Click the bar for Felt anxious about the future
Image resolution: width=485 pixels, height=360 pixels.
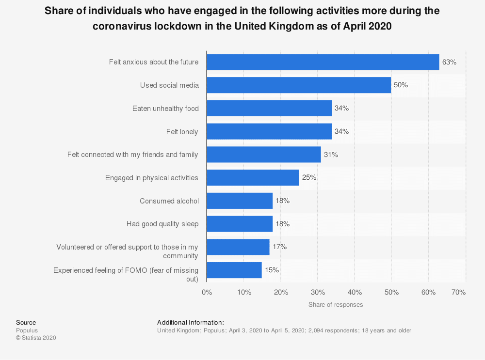coord(323,62)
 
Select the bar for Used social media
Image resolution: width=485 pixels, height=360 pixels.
coord(299,85)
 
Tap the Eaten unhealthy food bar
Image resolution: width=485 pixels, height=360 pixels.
coord(269,108)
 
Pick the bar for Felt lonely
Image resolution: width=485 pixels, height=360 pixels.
coord(269,131)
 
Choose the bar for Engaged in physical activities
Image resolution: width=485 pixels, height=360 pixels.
coord(253,178)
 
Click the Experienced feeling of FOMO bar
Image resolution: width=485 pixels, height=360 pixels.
coord(234,270)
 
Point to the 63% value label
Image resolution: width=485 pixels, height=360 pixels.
coord(449,62)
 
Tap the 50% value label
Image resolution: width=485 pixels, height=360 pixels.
coord(401,85)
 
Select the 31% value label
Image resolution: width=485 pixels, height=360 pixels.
coord(331,155)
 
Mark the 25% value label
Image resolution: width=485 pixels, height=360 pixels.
coord(309,178)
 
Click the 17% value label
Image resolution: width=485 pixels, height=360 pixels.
coord(279,247)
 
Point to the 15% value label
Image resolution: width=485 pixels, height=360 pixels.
coord(272,270)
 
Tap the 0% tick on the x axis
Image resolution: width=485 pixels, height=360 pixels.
coord(207,292)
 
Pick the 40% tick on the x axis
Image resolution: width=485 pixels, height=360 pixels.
coord(355,292)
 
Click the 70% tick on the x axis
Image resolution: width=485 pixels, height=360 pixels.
coord(459,292)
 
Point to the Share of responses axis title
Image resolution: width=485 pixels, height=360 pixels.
coord(336,305)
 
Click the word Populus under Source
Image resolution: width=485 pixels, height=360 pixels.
coord(27,330)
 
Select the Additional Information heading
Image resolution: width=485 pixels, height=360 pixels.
coord(191,322)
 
